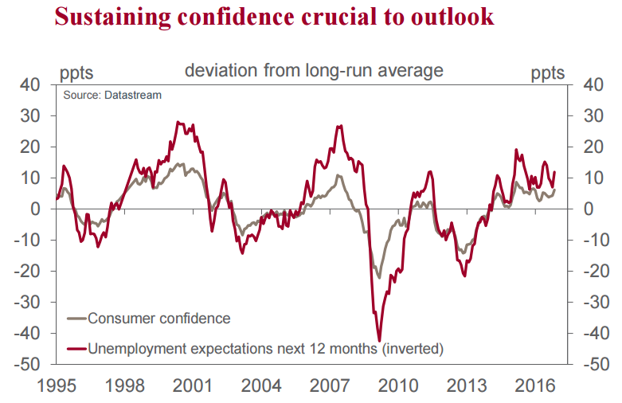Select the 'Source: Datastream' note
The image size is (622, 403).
point(112,95)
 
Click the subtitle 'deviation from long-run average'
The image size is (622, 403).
point(314,71)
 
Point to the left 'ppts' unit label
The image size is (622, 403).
point(76,73)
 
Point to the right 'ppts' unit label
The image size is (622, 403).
point(548,73)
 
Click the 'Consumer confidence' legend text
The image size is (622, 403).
point(158,319)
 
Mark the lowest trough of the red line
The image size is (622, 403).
point(379,340)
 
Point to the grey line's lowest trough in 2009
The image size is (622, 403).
point(379,277)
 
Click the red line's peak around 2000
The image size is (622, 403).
point(178,123)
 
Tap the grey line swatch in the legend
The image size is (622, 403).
point(76,319)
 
